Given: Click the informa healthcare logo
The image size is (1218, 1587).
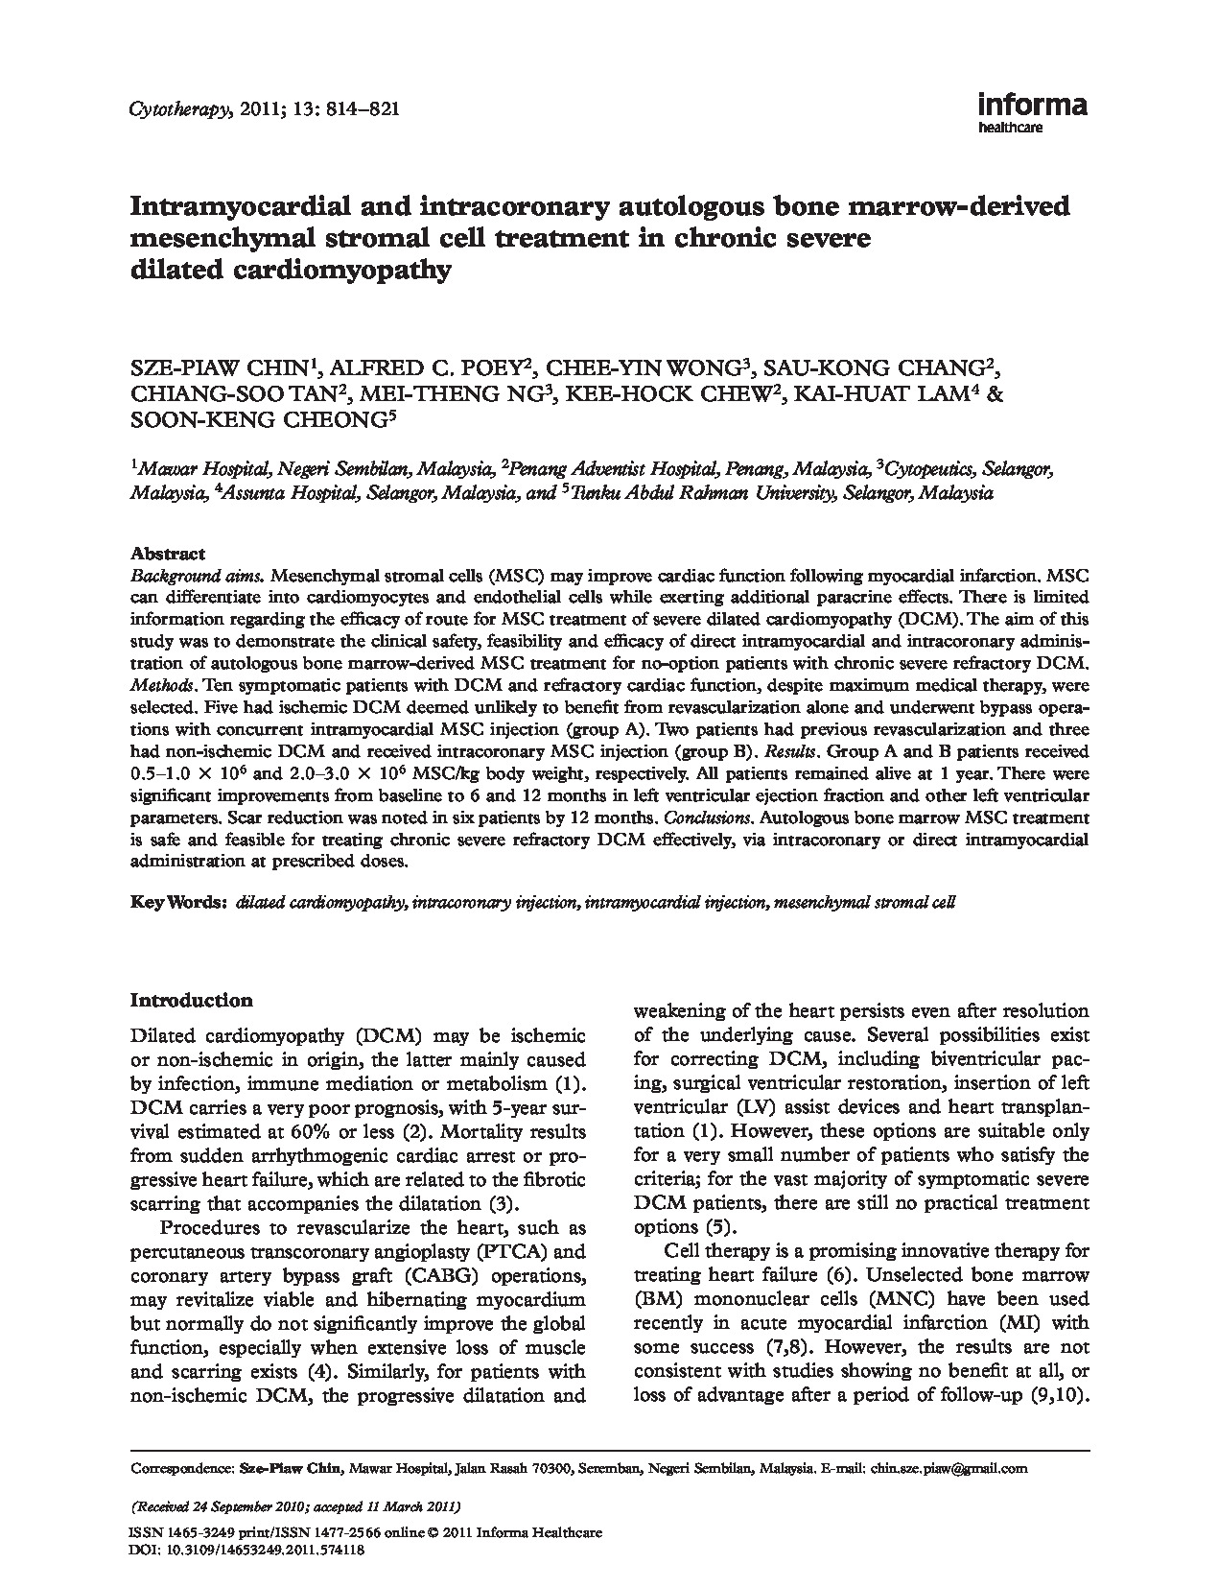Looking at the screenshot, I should [x=1031, y=111].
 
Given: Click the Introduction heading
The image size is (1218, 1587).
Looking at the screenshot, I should [x=191, y=1000].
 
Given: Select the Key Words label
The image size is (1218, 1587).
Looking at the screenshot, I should [x=177, y=903].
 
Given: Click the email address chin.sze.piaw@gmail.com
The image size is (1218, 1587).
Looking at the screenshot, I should [x=949, y=1468].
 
